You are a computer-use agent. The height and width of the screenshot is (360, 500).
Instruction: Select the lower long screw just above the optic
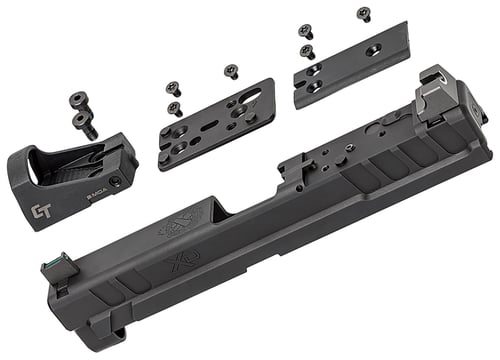coord(84,124)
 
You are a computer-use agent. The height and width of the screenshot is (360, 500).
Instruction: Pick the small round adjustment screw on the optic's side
coord(116,181)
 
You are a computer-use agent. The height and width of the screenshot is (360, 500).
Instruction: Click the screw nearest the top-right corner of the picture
coord(363,14)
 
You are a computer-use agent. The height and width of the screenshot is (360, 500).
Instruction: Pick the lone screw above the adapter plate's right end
coord(231,70)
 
